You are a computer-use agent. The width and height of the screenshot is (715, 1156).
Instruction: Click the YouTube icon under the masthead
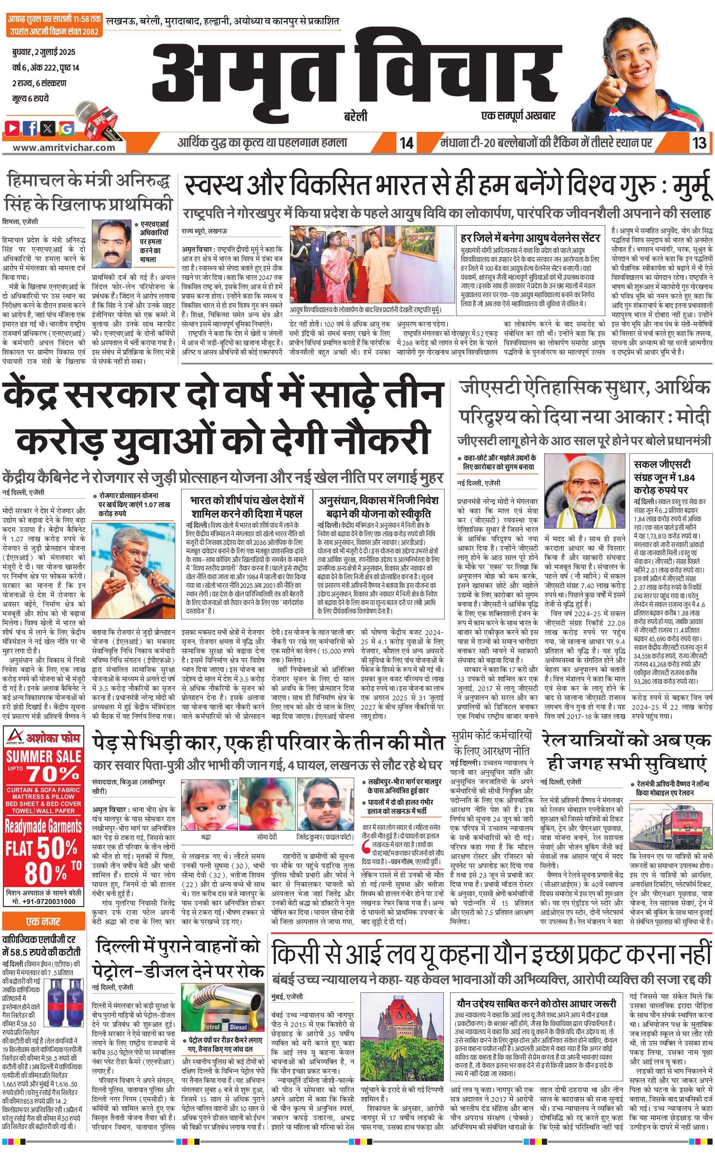click(13, 127)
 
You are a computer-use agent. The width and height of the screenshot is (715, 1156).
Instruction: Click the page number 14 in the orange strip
click(406, 142)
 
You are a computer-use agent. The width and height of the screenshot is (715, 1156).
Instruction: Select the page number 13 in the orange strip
click(699, 142)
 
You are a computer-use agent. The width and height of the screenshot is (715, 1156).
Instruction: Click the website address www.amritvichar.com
click(64, 148)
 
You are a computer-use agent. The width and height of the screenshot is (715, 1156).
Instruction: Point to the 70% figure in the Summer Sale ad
click(53, 774)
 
